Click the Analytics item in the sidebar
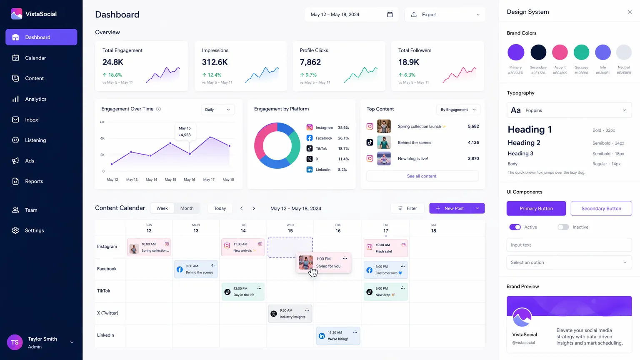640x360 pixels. point(35,99)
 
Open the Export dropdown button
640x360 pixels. point(445,15)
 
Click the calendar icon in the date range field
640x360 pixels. point(390,15)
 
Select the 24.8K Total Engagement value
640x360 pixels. point(113,62)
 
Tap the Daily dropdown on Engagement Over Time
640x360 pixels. point(217,110)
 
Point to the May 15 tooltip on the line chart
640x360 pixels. point(185,132)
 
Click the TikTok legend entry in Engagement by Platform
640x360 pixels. point(321,149)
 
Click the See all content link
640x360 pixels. point(422,176)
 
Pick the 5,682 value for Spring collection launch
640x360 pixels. point(473,126)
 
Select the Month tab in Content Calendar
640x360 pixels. point(187,208)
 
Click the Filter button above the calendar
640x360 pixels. point(407,208)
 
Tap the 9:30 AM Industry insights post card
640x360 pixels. point(290,314)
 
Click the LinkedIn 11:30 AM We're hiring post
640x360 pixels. point(338,336)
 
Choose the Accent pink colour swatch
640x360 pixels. point(560,52)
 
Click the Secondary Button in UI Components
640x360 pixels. point(601,208)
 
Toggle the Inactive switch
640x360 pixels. point(563,227)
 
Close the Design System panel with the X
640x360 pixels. point(630,12)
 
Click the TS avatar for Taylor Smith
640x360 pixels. point(15,342)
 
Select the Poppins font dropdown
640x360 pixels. point(569,110)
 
